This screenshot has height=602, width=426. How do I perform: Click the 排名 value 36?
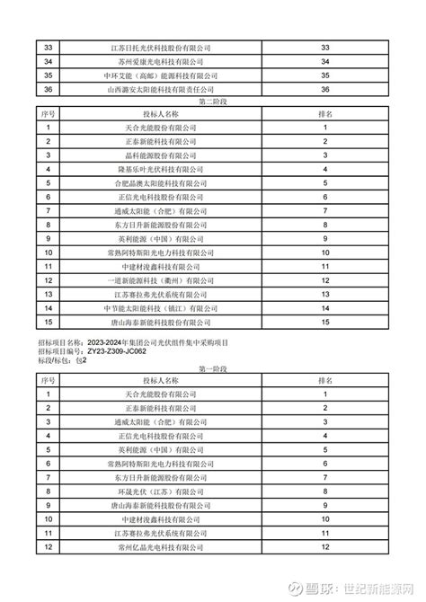pyautogui.click(x=325, y=91)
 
